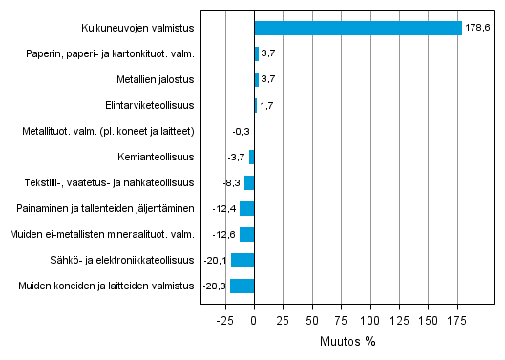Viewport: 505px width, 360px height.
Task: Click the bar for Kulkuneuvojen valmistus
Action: [x=358, y=28]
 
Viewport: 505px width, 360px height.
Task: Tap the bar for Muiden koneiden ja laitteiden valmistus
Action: [x=242, y=286]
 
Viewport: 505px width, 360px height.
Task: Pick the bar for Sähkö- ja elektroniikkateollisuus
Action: [x=242, y=260]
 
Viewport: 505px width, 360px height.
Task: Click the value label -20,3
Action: [x=216, y=286]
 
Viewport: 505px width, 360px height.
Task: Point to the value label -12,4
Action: [x=225, y=208]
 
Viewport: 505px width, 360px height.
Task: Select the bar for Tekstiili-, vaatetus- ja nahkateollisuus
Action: [x=249, y=182]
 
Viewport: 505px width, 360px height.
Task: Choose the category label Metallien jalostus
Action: [x=158, y=79]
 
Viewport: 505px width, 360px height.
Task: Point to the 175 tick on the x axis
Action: [x=457, y=320]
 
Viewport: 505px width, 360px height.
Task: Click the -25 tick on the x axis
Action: [x=225, y=320]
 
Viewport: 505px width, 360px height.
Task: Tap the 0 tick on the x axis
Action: [x=254, y=320]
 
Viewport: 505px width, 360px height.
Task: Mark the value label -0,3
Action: [x=241, y=131]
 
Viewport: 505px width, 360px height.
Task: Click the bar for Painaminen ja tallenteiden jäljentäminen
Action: [x=246, y=208]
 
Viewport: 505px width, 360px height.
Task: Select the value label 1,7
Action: [x=267, y=105]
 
